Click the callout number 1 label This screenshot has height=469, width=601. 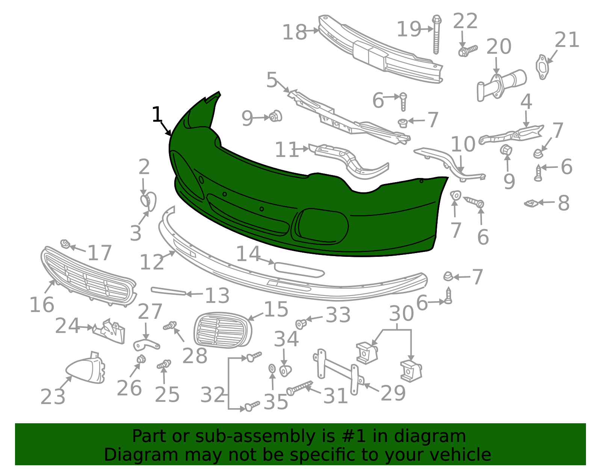pos(157,115)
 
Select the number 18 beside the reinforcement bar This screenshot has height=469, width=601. pos(294,32)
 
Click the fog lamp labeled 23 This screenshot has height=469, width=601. pos(86,370)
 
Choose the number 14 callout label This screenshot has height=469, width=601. pos(248,254)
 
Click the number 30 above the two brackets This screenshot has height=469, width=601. pos(401,314)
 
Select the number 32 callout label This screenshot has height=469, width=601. pos(213,395)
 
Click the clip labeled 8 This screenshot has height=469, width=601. pos(530,203)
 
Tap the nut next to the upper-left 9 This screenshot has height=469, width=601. pos(276,116)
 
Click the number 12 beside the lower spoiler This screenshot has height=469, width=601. pos(152,262)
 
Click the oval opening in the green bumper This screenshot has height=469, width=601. pos(323,226)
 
